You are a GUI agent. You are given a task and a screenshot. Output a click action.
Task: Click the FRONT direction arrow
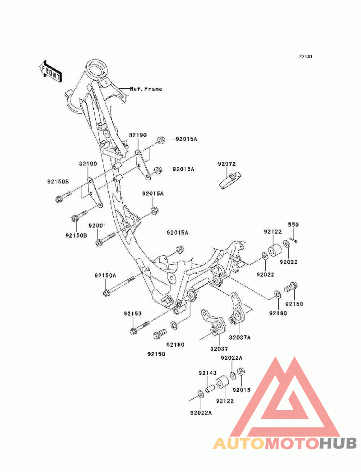[x=50, y=71]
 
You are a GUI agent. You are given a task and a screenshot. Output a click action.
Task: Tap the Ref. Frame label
[x=146, y=89]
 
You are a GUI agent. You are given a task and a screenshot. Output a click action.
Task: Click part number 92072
[x=227, y=164]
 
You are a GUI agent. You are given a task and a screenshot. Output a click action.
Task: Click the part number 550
[x=294, y=225]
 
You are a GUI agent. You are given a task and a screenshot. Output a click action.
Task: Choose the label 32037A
[x=240, y=337]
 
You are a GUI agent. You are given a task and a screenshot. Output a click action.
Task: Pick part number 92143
[x=208, y=373]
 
